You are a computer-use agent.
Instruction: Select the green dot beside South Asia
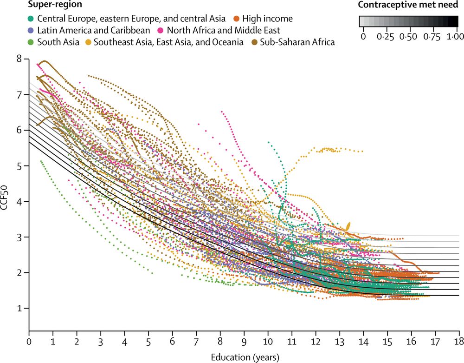pyautogui.click(x=31, y=43)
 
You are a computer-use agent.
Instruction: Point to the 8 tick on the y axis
pyautogui.click(x=19, y=59)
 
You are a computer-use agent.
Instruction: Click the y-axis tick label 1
pyautogui.click(x=19, y=308)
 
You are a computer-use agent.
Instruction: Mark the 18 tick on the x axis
pyautogui.click(x=459, y=341)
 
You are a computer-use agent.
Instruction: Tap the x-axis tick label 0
pyautogui.click(x=29, y=341)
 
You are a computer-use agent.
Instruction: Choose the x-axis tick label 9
pyautogui.click(x=244, y=341)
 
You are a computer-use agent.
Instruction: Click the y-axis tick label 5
pyautogui.click(x=19, y=166)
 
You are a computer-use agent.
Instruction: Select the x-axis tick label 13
pyautogui.click(x=340, y=341)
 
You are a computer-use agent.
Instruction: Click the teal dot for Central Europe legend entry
pyautogui.click(x=31, y=19)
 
